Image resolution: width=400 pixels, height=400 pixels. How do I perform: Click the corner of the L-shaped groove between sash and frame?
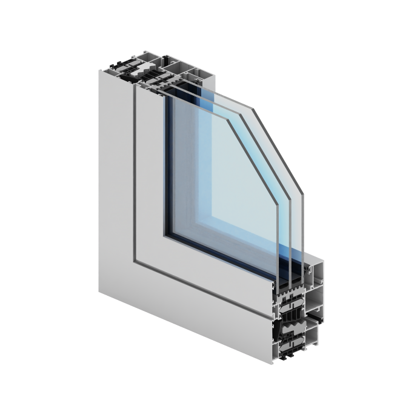coord(135,261)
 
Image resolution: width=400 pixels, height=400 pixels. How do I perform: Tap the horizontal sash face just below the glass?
coord(212,276)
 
